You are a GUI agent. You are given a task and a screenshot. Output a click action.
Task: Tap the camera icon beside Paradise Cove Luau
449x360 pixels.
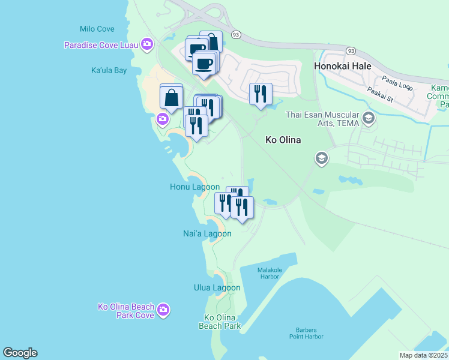click(146, 44)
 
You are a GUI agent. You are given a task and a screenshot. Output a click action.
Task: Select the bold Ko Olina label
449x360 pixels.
click(283, 140)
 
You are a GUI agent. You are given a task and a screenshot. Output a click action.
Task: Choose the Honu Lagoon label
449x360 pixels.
click(194, 187)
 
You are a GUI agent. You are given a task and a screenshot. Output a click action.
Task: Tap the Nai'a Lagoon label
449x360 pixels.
click(207, 233)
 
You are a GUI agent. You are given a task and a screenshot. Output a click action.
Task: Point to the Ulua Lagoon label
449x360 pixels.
click(217, 287)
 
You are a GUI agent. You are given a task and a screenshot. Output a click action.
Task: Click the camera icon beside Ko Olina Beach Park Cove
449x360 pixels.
click(163, 310)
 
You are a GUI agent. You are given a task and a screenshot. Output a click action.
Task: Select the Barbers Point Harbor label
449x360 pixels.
click(309, 333)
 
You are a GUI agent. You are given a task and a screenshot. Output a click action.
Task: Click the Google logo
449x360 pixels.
click(20, 353)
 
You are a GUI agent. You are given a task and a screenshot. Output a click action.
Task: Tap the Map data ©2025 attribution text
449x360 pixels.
click(424, 355)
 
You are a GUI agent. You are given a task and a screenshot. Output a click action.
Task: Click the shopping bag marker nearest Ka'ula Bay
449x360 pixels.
click(172, 97)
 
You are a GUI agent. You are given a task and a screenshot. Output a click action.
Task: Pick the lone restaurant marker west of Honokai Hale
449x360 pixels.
click(261, 94)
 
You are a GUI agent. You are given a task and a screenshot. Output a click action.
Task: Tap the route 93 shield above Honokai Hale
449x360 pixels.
click(351, 50)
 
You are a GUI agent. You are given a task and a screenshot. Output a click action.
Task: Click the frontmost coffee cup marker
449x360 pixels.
click(204, 62)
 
